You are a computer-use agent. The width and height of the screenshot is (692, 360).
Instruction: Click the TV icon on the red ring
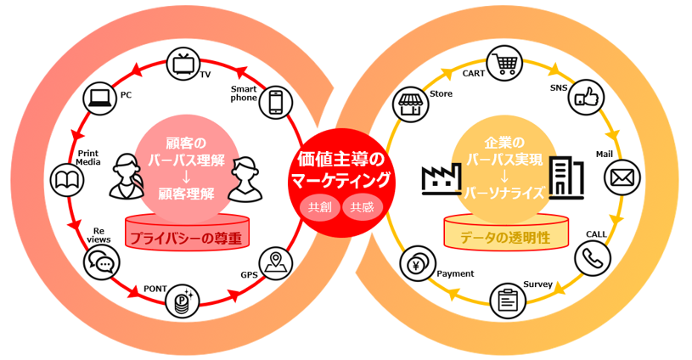click(183, 65)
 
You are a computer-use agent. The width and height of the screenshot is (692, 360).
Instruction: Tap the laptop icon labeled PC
click(101, 98)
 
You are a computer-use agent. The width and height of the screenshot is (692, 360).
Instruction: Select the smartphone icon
click(275, 102)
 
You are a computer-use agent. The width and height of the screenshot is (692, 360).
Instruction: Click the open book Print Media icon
click(67, 180)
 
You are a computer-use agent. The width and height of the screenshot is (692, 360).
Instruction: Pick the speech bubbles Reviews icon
click(102, 263)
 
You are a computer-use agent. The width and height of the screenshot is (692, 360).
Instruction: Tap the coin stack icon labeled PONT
click(182, 301)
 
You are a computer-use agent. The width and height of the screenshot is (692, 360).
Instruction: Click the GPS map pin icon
click(275, 263)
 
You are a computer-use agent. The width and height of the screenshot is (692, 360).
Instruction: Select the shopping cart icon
click(504, 64)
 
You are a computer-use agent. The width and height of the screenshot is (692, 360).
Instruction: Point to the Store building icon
click(411, 104)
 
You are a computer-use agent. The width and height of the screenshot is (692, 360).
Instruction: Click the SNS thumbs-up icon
click(587, 98)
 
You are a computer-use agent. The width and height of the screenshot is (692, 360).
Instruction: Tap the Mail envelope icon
click(622, 177)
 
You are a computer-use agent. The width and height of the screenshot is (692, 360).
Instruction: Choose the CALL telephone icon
click(593, 258)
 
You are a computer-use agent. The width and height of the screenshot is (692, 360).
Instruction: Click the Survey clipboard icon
click(508, 301)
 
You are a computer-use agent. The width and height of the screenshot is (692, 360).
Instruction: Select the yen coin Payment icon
click(418, 264)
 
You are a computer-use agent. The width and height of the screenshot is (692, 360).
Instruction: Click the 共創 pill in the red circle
click(319, 206)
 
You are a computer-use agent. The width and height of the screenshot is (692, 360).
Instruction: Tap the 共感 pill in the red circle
click(363, 206)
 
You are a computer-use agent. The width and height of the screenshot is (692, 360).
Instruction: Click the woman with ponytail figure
click(127, 177)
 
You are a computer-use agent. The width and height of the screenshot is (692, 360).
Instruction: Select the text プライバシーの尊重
click(186, 239)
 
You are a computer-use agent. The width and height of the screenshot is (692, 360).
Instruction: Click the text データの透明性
click(505, 238)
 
